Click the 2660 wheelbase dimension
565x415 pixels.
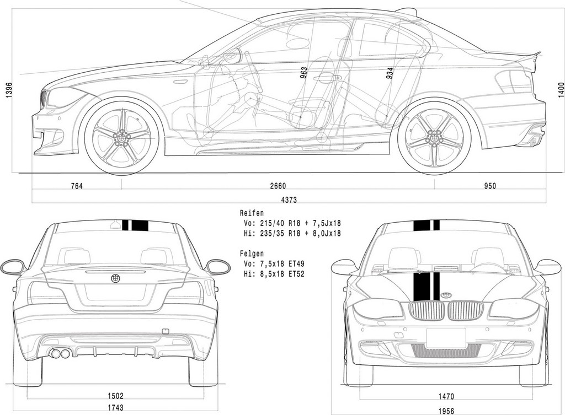(x=278, y=186)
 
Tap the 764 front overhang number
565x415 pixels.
(x=77, y=186)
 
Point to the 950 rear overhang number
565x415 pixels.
(x=490, y=186)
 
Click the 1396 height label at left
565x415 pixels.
(x=9, y=90)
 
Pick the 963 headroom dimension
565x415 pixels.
(x=304, y=73)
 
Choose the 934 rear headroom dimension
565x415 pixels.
(x=389, y=73)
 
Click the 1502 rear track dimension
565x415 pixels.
(x=115, y=396)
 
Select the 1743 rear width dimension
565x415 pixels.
(x=115, y=407)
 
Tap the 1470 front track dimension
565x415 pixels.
(x=446, y=397)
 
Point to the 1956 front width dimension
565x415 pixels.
(x=446, y=411)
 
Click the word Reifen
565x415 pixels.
(x=252, y=213)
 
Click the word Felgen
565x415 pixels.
(x=252, y=254)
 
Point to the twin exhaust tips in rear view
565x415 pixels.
(x=60, y=353)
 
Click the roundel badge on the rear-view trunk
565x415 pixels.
(x=115, y=279)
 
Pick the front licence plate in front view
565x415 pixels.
(x=446, y=338)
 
